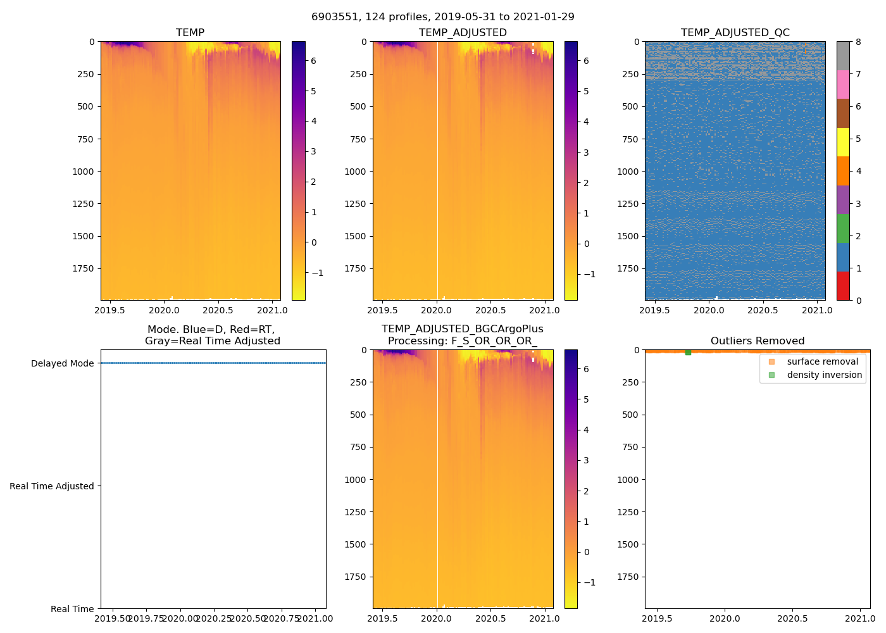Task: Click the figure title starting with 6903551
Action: (442, 17)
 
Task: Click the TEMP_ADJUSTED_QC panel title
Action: (735, 33)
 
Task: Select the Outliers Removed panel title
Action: (758, 341)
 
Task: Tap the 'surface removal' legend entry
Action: (822, 361)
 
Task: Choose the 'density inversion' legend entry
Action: (824, 375)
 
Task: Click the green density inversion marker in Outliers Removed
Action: (688, 352)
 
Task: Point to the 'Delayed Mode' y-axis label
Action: (62, 363)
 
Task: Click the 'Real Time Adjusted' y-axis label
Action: (52, 486)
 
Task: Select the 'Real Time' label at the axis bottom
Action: (72, 609)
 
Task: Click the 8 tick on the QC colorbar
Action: (858, 42)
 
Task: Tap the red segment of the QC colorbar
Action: (843, 285)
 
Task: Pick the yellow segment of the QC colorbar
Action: (843, 142)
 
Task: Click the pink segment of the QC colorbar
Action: (843, 84)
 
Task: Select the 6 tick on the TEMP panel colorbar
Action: (313, 61)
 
